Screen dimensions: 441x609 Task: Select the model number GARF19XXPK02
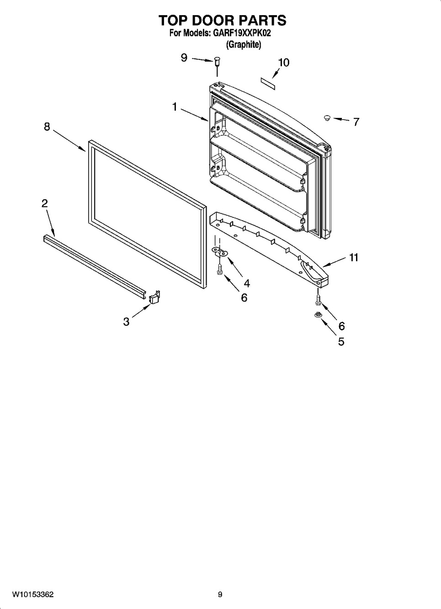pos(242,33)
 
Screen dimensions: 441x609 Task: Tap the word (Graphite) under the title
pos(244,45)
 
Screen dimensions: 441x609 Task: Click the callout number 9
pos(184,58)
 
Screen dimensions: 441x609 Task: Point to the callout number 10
pos(284,63)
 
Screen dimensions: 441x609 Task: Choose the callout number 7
pos(356,122)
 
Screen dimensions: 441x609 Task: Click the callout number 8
pos(47,127)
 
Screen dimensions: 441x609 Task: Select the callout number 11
pos(353,257)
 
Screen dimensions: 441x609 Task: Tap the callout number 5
pos(341,341)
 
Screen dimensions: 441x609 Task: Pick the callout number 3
pos(126,322)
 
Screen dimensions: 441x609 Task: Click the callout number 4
pos(247,284)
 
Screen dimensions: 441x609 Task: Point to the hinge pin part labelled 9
pos(217,61)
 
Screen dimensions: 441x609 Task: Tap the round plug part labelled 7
pos(327,118)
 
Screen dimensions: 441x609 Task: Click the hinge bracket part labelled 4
pos(220,251)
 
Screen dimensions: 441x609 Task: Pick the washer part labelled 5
pos(317,315)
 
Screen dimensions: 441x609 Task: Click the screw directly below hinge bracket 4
pos(219,270)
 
